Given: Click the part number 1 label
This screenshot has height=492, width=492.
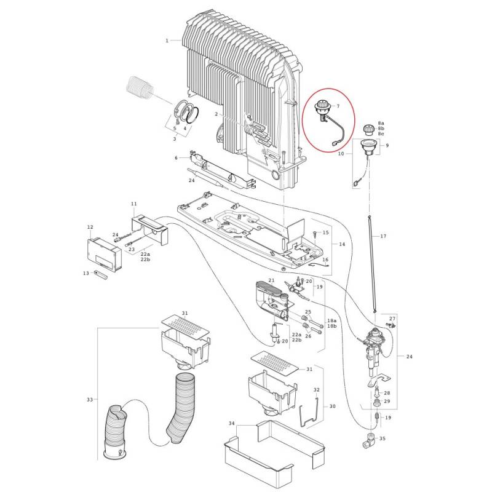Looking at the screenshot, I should click(x=167, y=41).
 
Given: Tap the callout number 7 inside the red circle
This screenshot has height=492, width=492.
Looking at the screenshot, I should click(x=337, y=107).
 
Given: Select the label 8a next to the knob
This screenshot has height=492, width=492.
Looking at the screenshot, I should click(x=381, y=124).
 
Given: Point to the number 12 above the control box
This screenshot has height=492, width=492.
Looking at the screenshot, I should click(x=90, y=227).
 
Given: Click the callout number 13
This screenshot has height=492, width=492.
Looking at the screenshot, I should click(x=86, y=272).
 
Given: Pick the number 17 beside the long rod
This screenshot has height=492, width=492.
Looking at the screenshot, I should click(x=383, y=237).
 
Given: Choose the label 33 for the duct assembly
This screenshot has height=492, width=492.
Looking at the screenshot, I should click(x=90, y=400).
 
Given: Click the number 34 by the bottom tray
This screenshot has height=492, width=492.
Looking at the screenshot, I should click(x=231, y=424).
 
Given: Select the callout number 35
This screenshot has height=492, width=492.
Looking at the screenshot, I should click(x=382, y=438).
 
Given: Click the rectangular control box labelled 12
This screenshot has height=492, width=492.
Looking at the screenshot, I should click(x=106, y=254).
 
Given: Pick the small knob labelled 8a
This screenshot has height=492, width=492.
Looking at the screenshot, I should click(x=370, y=129).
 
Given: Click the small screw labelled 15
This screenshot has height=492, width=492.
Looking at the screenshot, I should click(x=314, y=234).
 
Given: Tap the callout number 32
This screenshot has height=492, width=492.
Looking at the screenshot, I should click(x=316, y=389).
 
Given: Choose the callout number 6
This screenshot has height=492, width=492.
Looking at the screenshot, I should click(x=176, y=158).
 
